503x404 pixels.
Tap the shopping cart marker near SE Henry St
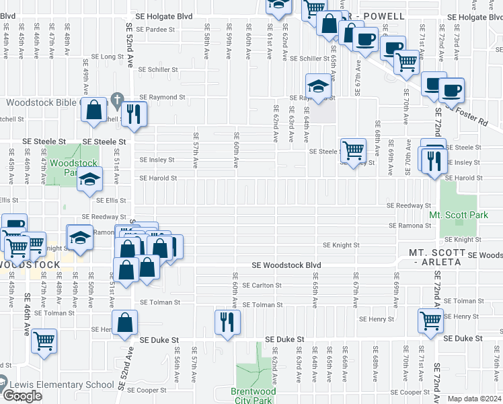tap(430, 322)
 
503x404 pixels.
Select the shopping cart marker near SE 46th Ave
tap(44, 340)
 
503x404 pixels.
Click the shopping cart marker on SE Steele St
tap(353, 150)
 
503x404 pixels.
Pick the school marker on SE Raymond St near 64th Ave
tap(318, 86)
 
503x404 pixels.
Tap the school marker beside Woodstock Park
tap(89, 180)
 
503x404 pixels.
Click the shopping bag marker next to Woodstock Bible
tap(94, 110)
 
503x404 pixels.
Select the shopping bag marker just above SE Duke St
tap(124, 323)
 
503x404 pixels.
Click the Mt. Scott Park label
tap(457, 215)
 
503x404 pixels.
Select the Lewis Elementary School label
tap(61, 385)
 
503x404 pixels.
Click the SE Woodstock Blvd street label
tap(286, 265)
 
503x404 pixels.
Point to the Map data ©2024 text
tap(475, 399)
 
